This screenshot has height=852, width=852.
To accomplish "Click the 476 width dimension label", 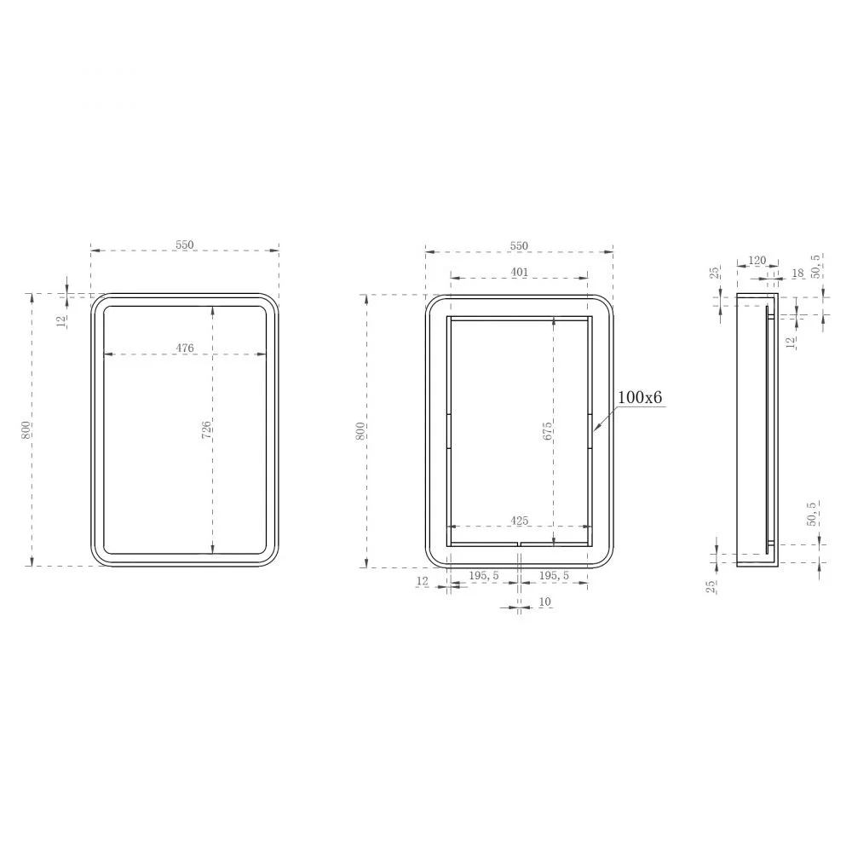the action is tap(185, 348).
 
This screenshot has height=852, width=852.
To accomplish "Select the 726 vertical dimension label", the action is tap(206, 429).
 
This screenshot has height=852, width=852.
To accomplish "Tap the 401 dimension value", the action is tap(520, 272).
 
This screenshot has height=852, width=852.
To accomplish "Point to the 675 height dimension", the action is tap(547, 430).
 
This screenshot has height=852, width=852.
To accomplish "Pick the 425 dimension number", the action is tap(520, 521).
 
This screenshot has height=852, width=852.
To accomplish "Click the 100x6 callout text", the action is tap(640, 397).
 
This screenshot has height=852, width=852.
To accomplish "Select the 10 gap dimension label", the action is tap(545, 602).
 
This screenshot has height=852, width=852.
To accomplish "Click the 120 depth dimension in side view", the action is tap(757, 260).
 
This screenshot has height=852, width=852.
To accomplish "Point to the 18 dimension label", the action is tap(797, 273).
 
